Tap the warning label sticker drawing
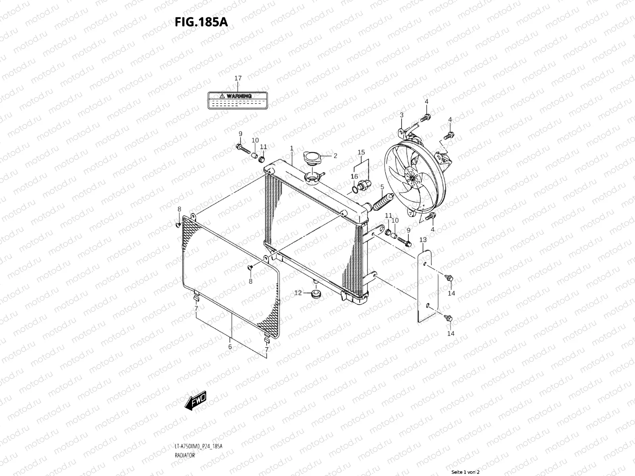click(237, 100)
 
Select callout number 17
click(238, 79)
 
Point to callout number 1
click(292, 148)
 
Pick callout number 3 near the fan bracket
click(401, 115)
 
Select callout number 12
click(298, 293)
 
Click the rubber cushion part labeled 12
click(316, 294)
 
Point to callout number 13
click(423, 240)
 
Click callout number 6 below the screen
click(230, 346)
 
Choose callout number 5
click(382, 187)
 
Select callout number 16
click(354, 177)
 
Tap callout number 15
click(361, 152)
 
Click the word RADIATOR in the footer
click(185, 455)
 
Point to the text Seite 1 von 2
click(466, 472)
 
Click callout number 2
click(335, 156)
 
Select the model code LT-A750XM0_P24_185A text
click(198, 447)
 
